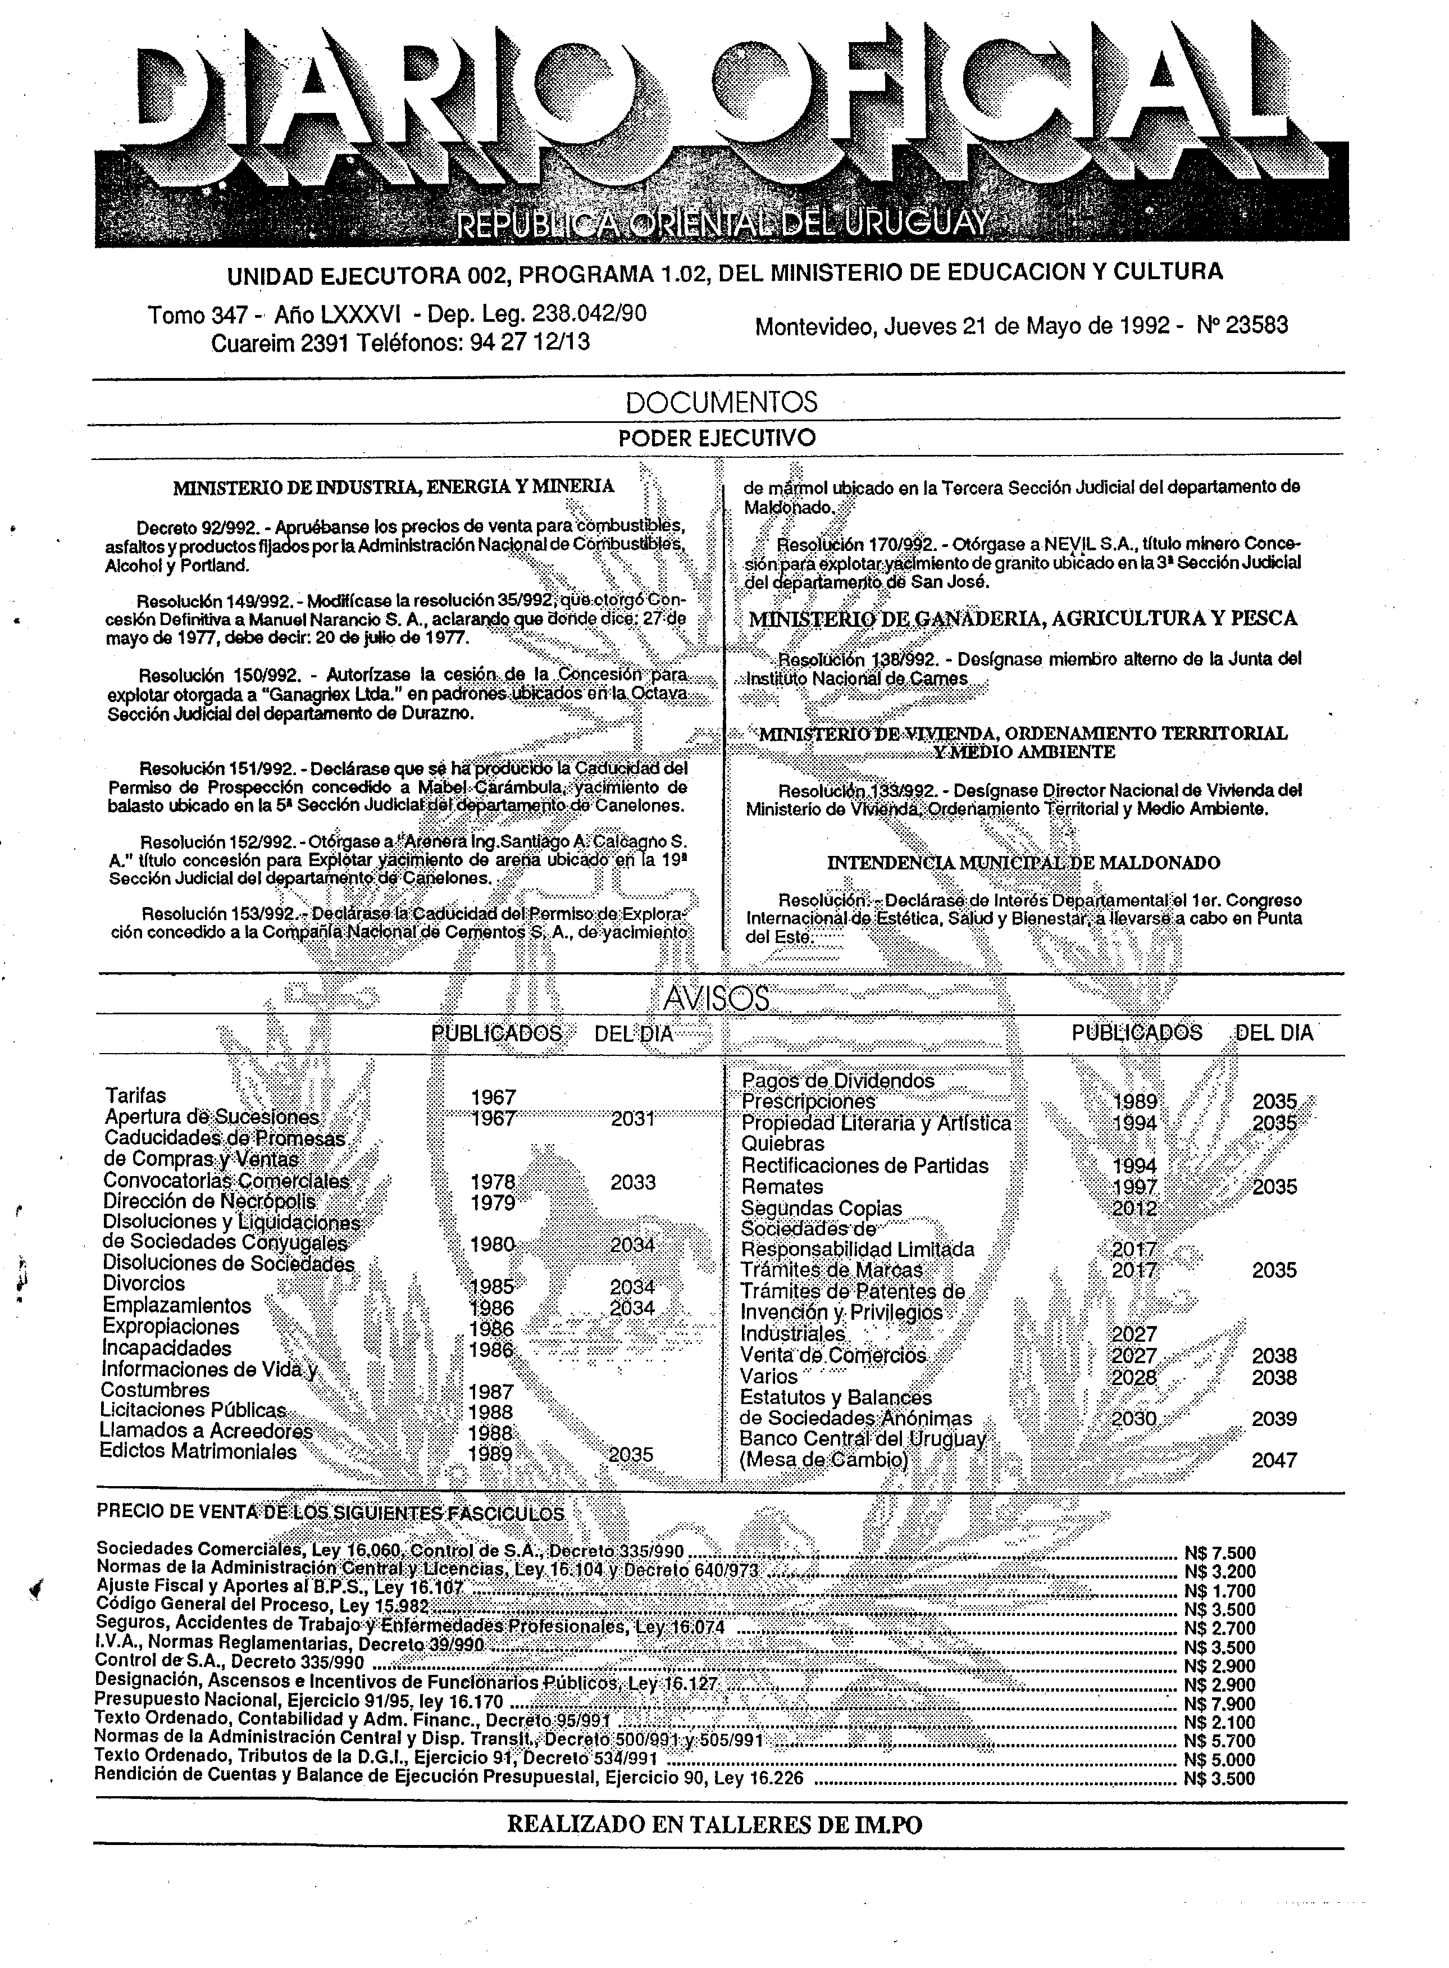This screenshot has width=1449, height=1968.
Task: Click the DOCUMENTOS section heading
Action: click(721, 403)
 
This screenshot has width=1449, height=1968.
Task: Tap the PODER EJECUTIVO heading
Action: click(718, 438)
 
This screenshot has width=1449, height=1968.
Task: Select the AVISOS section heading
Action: click(716, 999)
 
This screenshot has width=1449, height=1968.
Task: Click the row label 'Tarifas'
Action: click(135, 1095)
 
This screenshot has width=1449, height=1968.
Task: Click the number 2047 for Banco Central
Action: click(1274, 1460)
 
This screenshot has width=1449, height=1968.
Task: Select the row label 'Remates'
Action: click(782, 1187)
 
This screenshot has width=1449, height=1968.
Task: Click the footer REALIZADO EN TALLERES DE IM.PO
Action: click(715, 1825)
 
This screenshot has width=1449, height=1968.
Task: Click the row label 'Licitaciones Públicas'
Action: click(194, 1410)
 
